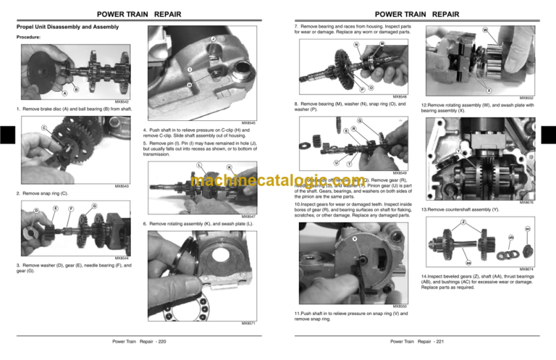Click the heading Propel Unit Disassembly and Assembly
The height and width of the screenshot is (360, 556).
[67, 27]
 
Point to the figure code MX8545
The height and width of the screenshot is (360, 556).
[248, 123]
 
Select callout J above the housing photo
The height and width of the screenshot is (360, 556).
[213, 38]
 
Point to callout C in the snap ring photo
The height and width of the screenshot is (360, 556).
[25, 128]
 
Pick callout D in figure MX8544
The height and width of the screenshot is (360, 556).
[17, 211]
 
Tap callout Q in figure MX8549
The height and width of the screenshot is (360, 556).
[361, 120]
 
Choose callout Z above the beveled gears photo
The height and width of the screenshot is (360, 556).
[463, 221]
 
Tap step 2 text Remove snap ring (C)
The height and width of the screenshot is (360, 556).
[42, 194]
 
